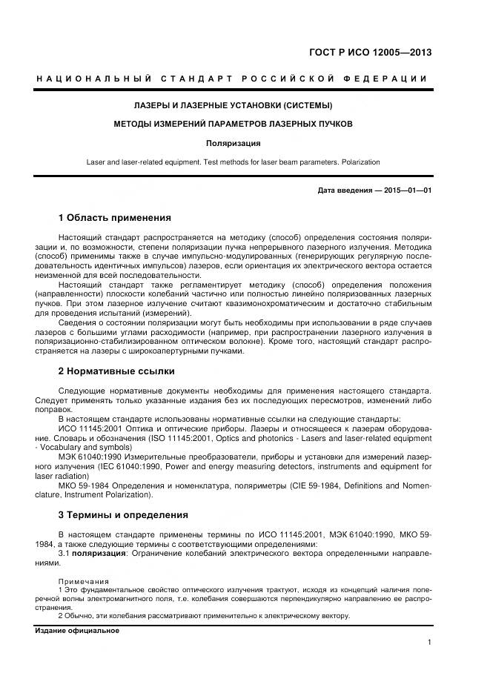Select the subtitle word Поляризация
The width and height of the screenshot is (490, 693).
233,143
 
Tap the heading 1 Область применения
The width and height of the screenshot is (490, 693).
114,218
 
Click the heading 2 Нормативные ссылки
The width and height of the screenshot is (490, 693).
116,371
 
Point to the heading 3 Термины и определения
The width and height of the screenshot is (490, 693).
123,514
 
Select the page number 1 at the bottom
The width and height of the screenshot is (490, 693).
429,643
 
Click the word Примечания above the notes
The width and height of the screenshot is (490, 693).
83,581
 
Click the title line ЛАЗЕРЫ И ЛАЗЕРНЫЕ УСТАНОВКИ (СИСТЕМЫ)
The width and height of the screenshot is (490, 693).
233,105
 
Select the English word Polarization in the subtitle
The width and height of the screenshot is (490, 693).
359,162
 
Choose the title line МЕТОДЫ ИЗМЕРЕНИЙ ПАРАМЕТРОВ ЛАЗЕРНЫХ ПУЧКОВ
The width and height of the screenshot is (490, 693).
233,124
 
